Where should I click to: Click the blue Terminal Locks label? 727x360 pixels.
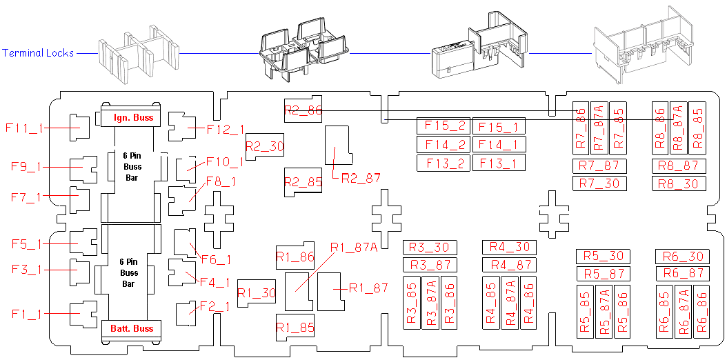click(38, 53)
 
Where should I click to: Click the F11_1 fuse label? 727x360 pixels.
click(25, 128)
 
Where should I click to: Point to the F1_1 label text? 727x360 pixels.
click(27, 314)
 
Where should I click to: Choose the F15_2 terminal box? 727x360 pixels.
click(444, 126)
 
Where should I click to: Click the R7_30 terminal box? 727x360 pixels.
click(600, 183)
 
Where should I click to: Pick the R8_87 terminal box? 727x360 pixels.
click(679, 166)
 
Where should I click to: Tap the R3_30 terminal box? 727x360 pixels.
click(429, 248)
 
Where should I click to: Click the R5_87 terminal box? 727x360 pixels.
click(604, 274)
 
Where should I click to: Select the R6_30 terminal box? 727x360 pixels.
click(682, 257)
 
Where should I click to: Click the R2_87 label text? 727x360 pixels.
click(361, 178)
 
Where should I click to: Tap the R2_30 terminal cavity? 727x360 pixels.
click(265, 146)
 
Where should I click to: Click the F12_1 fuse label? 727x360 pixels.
click(226, 128)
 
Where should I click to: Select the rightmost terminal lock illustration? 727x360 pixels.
click(642, 45)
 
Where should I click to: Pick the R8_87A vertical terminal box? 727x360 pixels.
click(677, 128)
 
